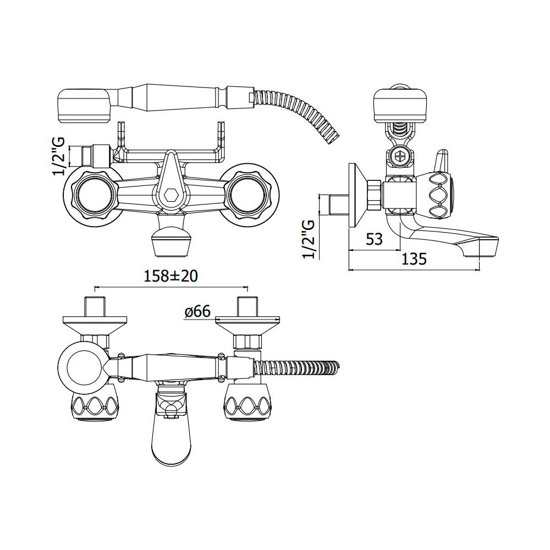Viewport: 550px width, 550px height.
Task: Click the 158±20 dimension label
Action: click(171, 276)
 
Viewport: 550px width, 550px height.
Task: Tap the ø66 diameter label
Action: click(197, 312)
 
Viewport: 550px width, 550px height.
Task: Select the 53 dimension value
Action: click(374, 239)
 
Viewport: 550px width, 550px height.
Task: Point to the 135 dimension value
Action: click(414, 259)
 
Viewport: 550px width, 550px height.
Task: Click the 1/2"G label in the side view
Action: click(309, 239)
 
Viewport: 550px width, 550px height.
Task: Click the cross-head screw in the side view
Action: click(400, 156)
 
